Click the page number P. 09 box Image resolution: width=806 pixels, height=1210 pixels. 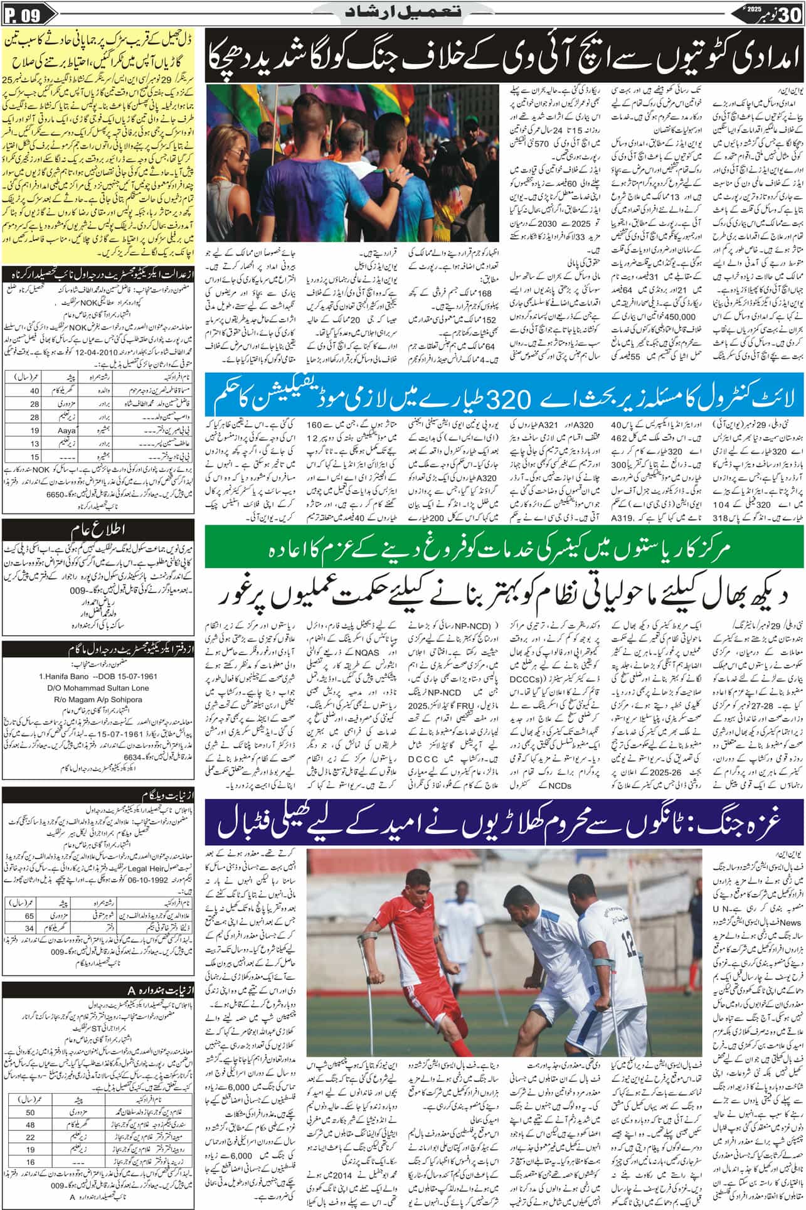[x=24, y=16]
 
